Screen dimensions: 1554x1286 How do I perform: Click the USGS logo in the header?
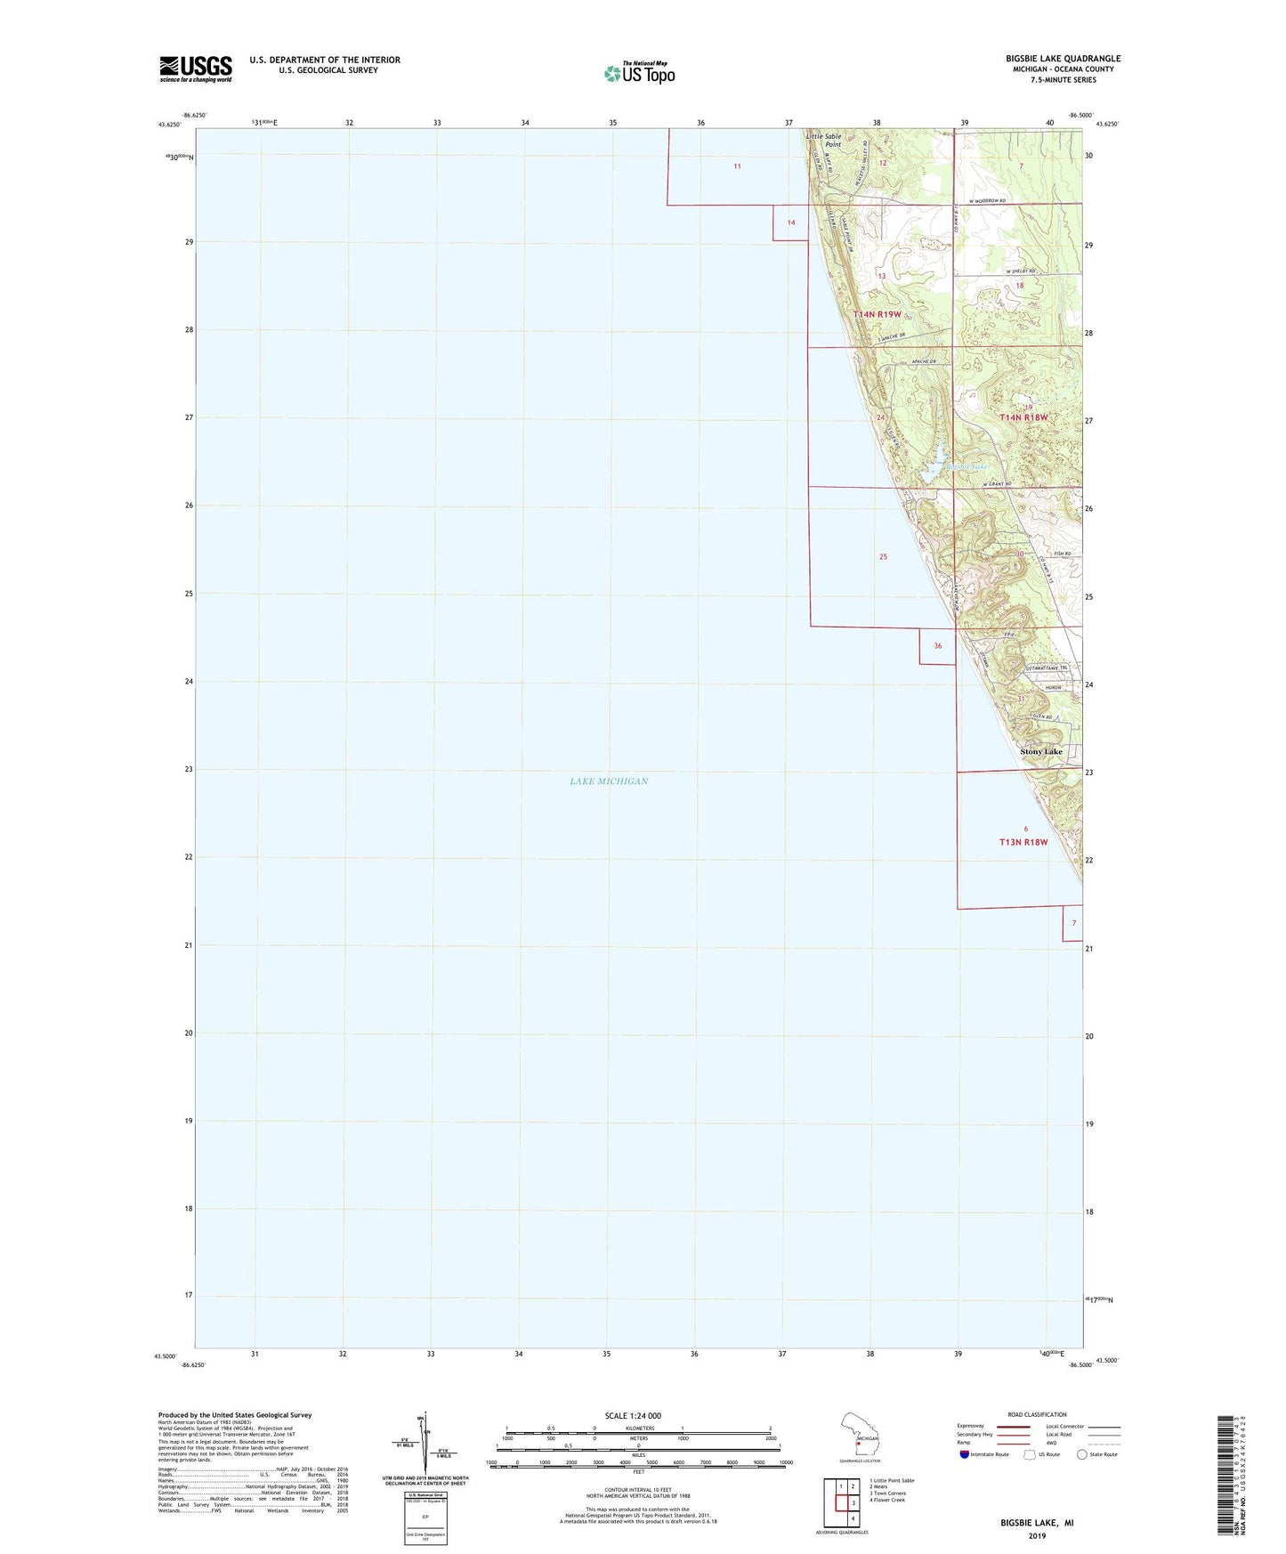[196, 69]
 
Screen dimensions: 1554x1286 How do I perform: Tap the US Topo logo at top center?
[639, 73]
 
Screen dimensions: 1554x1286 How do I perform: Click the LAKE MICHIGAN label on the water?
[609, 781]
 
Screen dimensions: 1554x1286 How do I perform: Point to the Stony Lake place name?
[1040, 752]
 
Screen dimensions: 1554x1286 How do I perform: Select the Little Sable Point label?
[823, 141]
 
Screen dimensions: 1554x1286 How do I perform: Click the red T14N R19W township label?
[877, 314]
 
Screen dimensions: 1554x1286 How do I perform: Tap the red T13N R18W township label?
[1023, 841]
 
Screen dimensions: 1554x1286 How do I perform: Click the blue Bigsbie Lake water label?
[967, 466]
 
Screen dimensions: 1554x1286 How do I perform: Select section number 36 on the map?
[937, 646]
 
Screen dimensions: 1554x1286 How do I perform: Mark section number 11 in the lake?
[737, 166]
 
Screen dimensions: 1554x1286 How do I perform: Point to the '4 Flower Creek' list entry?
[886, 1500]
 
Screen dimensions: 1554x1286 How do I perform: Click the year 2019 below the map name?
[1037, 1535]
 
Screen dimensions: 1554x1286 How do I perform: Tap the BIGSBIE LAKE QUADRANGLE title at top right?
[1063, 59]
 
